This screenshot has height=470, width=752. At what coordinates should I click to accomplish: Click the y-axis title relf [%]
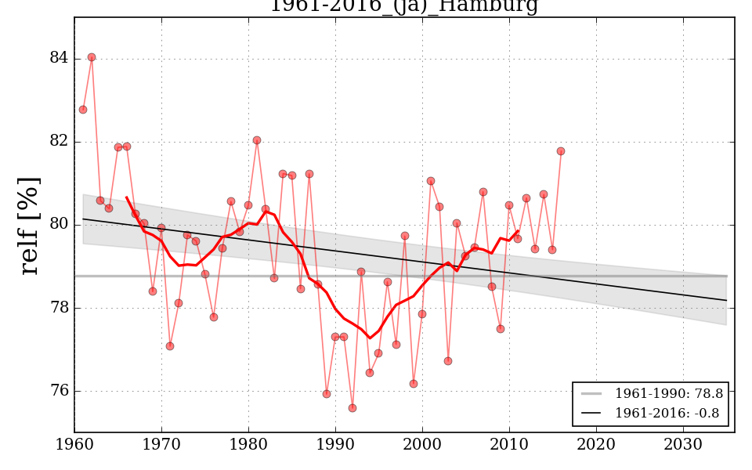pos(30,226)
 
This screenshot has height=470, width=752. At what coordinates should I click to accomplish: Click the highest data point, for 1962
pos(92,57)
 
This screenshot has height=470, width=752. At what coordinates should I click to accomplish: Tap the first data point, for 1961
pos(83,110)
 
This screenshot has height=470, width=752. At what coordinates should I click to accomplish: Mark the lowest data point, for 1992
pos(352,408)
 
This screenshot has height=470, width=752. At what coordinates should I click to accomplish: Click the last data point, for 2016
pos(561,151)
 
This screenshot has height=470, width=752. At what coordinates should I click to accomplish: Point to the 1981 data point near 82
pos(257,140)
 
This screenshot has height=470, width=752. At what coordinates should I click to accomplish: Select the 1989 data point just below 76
pos(327,394)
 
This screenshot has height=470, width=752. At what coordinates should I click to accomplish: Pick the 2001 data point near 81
pos(431,181)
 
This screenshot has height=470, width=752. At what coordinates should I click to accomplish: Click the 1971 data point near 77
pos(170,346)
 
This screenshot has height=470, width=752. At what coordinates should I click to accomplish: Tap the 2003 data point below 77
pos(448,361)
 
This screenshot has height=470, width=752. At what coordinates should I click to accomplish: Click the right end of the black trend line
pos(726,300)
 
